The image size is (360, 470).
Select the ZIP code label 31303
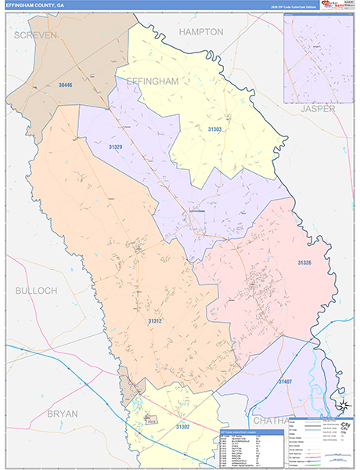(214, 128)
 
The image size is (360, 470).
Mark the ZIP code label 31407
(286, 381)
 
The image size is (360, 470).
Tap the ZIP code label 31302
(182, 426)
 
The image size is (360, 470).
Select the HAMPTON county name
(201, 32)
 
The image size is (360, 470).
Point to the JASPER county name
(317, 108)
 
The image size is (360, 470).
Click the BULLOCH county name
(36, 290)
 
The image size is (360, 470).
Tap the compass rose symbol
(341, 405)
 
